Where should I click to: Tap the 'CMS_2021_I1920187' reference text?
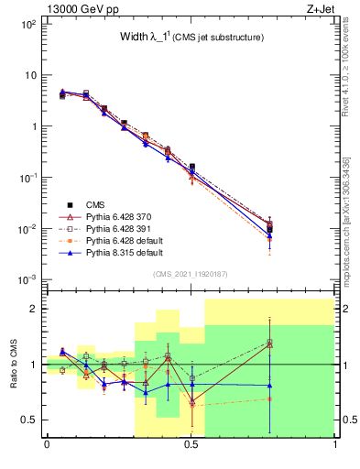coord(191,274)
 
